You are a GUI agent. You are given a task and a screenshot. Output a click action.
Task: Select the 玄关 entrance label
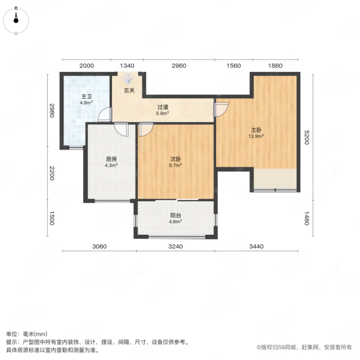129,90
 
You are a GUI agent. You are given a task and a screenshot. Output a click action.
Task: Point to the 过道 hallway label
162,107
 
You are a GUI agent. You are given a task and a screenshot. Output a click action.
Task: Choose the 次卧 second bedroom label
175,159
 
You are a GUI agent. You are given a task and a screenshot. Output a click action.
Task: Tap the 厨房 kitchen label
112,159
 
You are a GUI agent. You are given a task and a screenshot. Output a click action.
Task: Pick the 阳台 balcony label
175,215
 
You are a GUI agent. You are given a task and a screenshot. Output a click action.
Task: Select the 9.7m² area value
175,165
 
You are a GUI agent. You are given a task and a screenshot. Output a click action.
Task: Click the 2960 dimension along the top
179,66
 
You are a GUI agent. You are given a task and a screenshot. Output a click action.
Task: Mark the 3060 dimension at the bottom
99,246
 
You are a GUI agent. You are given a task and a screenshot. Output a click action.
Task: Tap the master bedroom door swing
221,109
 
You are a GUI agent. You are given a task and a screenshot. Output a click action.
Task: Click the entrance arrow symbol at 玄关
129,79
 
